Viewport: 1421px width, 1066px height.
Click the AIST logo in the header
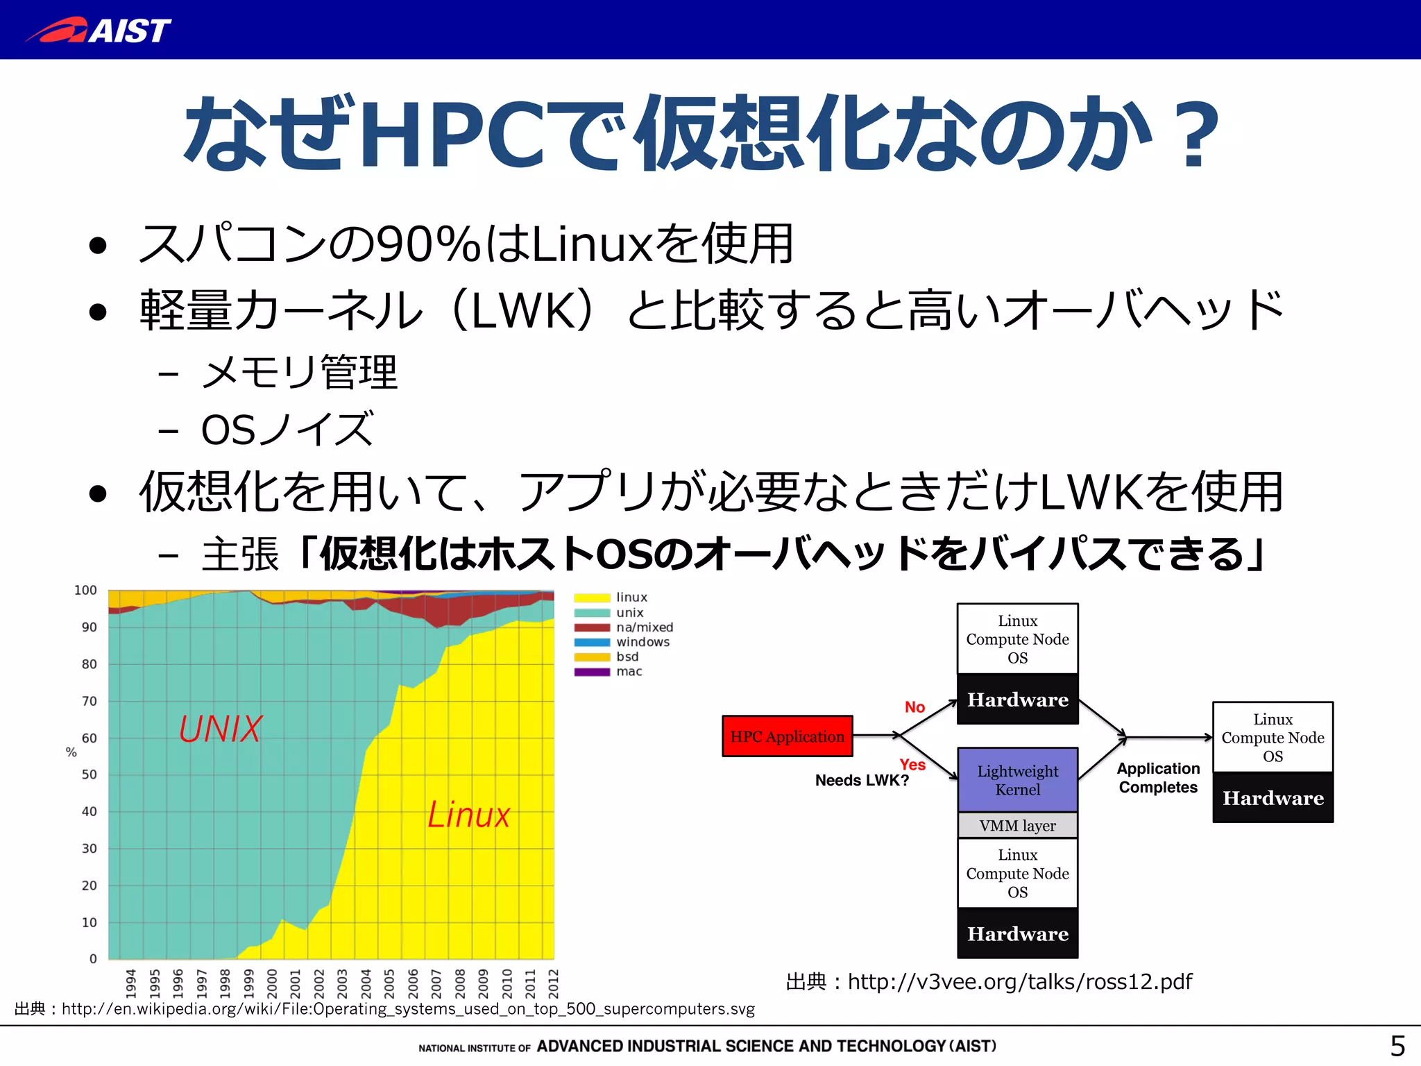(x=99, y=31)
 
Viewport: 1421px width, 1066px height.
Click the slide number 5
(x=1397, y=1046)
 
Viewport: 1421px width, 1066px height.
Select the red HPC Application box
(x=787, y=736)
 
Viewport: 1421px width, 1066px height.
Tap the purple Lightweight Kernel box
(x=1017, y=780)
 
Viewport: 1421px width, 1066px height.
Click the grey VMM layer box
(x=1017, y=826)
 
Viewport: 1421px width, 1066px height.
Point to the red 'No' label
(x=914, y=707)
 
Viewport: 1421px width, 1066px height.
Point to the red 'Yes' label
(x=912, y=765)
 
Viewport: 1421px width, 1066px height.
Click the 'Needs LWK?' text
(x=862, y=781)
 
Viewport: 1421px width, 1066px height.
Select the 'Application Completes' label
(x=1158, y=778)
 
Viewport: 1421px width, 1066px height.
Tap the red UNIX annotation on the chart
(x=221, y=729)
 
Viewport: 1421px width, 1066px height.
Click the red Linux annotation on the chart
(x=468, y=815)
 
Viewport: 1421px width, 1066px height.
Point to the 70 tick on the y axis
(x=90, y=702)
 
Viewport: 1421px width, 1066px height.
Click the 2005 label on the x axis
(x=389, y=983)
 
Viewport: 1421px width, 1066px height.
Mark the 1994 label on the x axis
(x=131, y=983)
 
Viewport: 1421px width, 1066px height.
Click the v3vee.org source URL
(x=1019, y=982)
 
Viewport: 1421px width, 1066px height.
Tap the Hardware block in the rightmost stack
(x=1273, y=798)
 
